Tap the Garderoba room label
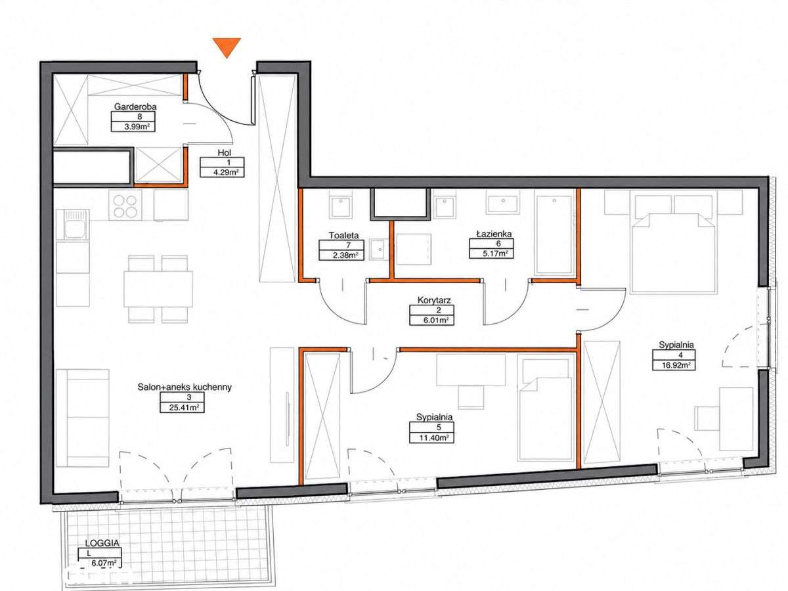pos(135,106)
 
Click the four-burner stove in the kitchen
pos(125,206)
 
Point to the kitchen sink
pos(76,225)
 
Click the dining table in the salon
pos(158,289)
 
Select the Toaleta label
pos(343,235)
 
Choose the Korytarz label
pos(434,300)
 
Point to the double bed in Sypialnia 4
pos(673,253)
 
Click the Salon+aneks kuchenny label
pos(185,387)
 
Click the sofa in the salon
pos(83,418)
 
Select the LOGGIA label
pos(102,543)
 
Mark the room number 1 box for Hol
pos(222,163)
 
